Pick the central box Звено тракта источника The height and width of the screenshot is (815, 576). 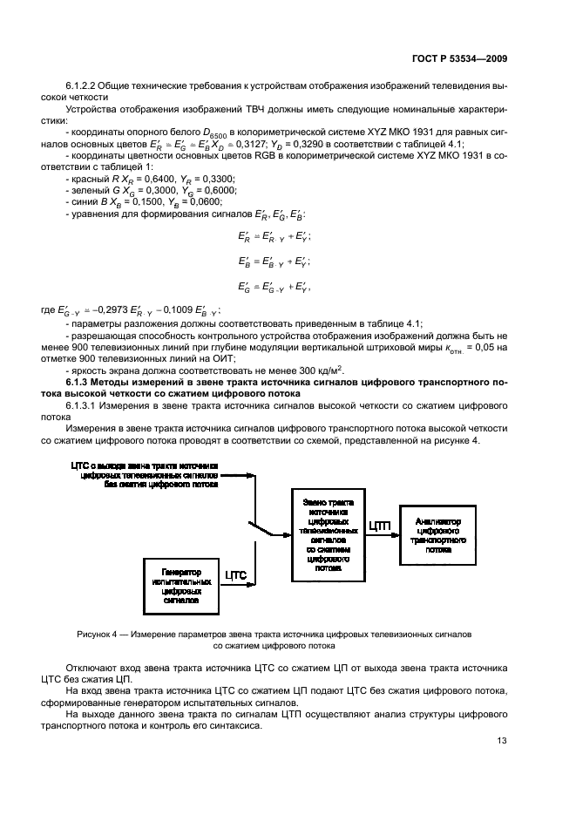[x=329, y=534]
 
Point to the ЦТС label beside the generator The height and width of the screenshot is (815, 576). [x=236, y=575]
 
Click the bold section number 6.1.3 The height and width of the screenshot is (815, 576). [x=81, y=382]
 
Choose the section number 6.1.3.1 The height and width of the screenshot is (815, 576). [x=84, y=407]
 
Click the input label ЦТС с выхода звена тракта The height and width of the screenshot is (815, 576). [x=145, y=467]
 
